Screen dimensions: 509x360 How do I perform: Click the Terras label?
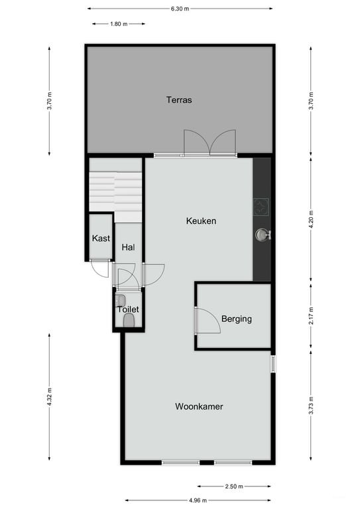179,101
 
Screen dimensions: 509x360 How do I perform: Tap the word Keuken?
202,221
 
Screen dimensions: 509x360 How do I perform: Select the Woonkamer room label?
199,406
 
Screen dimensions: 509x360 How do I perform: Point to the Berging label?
237,319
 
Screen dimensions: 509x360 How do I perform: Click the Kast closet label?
101,239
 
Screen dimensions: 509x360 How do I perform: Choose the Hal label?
128,247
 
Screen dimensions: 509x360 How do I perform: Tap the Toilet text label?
127,310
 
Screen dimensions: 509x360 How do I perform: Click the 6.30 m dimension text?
180,9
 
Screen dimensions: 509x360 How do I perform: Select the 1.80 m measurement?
119,23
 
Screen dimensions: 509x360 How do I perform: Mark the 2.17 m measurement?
311,315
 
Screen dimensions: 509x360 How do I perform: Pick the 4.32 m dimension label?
50,398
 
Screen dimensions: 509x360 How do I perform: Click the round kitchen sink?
263,234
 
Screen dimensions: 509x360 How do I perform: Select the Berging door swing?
207,321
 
